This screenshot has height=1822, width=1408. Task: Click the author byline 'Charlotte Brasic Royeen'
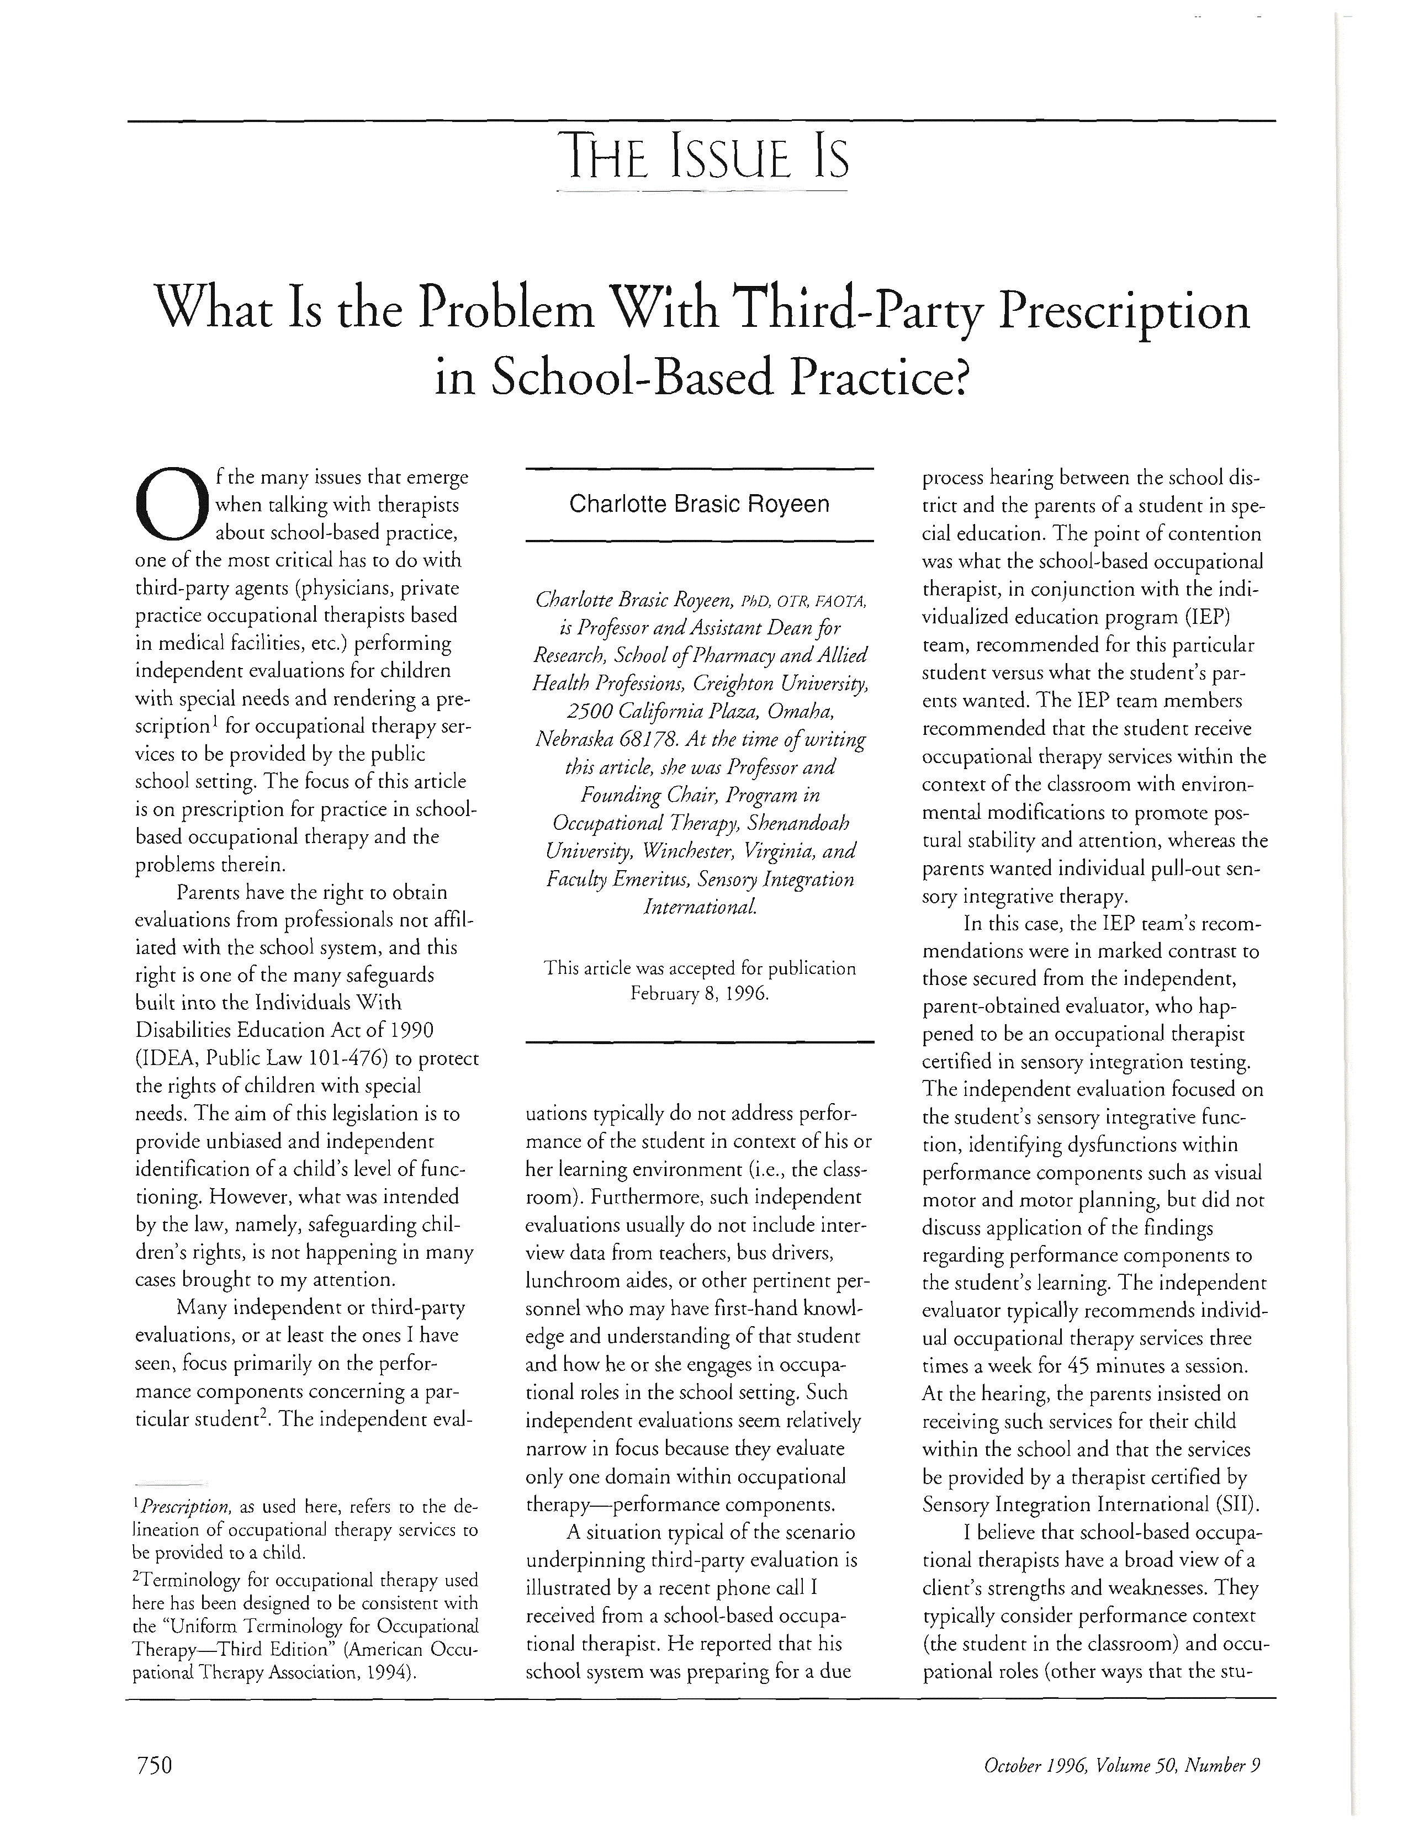[699, 505]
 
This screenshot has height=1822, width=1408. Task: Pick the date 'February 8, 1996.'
[699, 995]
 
